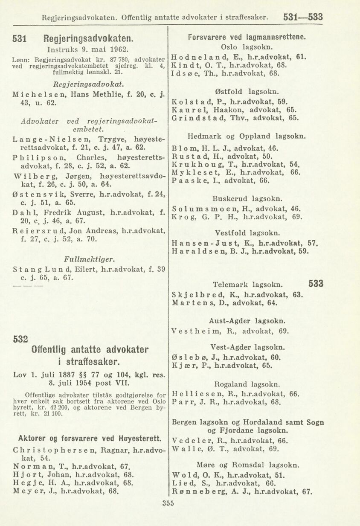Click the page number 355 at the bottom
click(x=168, y=503)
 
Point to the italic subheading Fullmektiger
click(x=89, y=259)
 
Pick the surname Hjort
click(x=26, y=474)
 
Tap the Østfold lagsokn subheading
click(x=247, y=91)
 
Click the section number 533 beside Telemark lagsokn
click(x=315, y=283)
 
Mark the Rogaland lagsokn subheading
click(x=247, y=383)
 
